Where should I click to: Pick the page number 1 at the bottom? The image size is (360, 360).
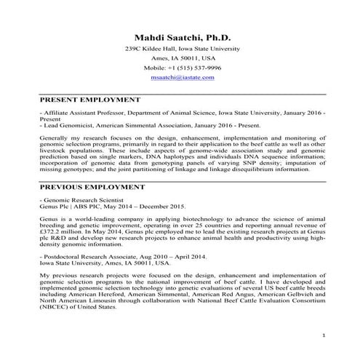[x=323, y=335]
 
